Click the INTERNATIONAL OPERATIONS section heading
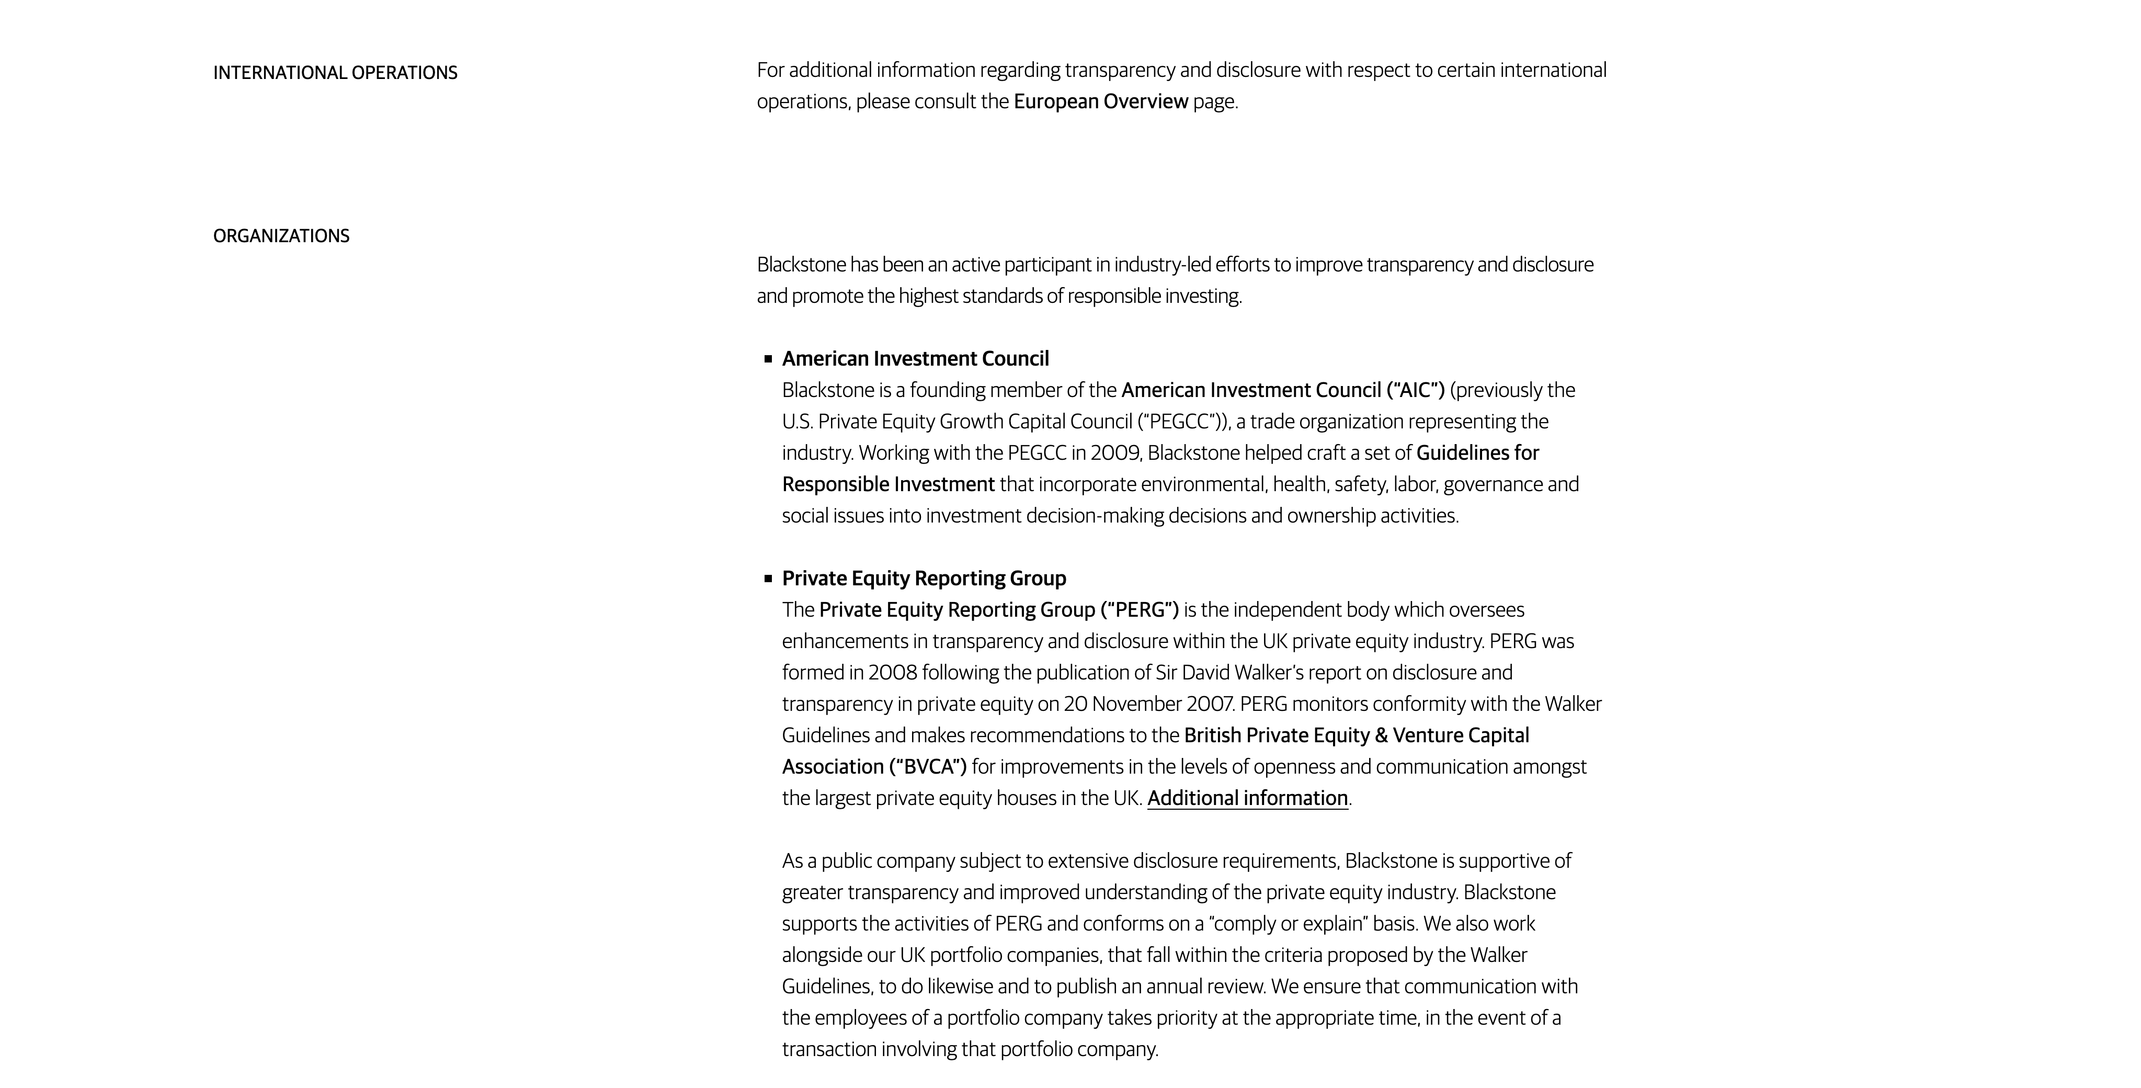point(335,73)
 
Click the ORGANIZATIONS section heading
point(281,236)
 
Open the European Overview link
point(1100,101)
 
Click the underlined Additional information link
point(1247,798)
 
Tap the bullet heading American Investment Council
point(915,359)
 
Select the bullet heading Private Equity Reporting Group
point(924,579)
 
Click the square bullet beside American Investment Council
point(768,359)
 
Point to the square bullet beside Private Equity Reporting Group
point(768,579)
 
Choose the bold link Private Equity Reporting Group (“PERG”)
point(998,610)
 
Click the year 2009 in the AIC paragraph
point(1114,453)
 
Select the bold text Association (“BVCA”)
point(874,766)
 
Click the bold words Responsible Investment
point(887,484)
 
